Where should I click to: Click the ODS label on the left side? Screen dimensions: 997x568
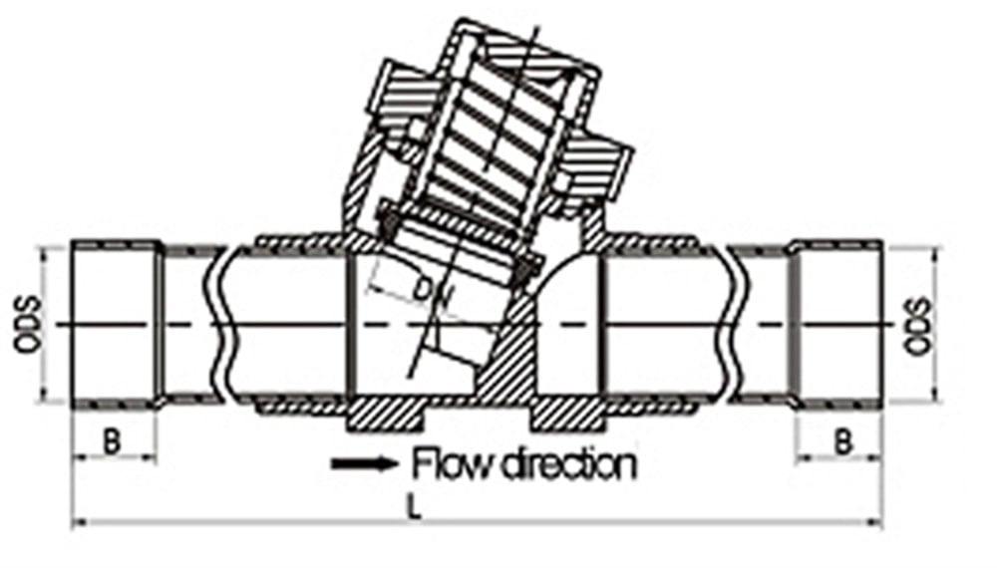[28, 325]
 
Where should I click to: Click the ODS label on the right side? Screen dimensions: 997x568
[917, 325]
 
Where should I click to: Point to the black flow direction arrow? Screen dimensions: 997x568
[364, 463]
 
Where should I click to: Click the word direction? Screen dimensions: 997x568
[569, 463]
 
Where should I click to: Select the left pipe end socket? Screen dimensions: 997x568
[115, 325]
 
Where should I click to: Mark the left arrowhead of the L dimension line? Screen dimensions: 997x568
[79, 523]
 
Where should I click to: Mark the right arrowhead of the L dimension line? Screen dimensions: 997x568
[875, 523]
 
